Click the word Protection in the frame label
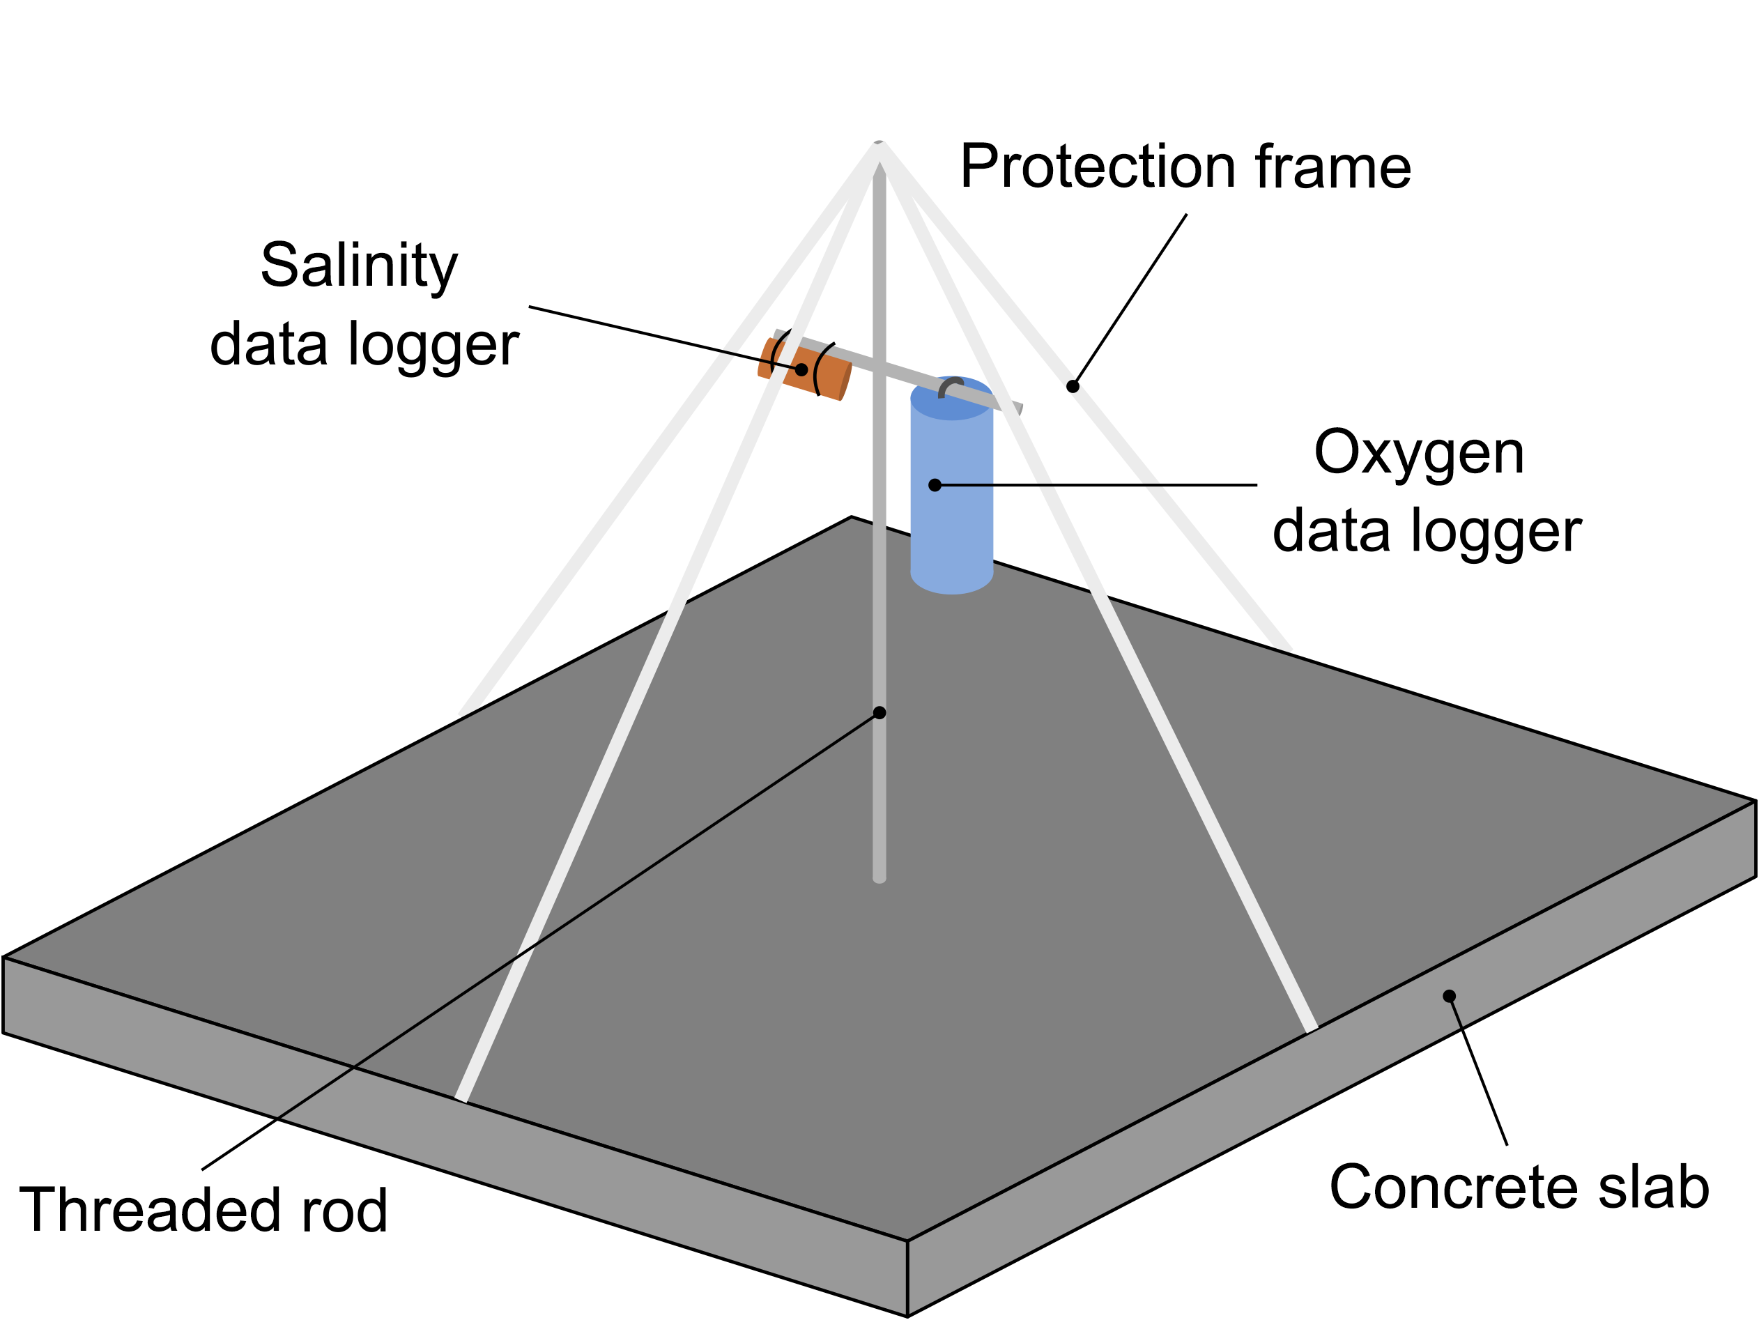pos(1098,167)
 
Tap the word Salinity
pos(359,266)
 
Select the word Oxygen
pos(1419,453)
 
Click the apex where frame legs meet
pos(879,145)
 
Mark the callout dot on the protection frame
pos(1073,387)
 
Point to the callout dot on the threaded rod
pos(879,712)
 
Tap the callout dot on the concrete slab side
pos(1449,997)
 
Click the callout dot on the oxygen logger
pos(935,485)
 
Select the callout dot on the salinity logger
pos(801,370)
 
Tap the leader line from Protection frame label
pos(1129,300)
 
